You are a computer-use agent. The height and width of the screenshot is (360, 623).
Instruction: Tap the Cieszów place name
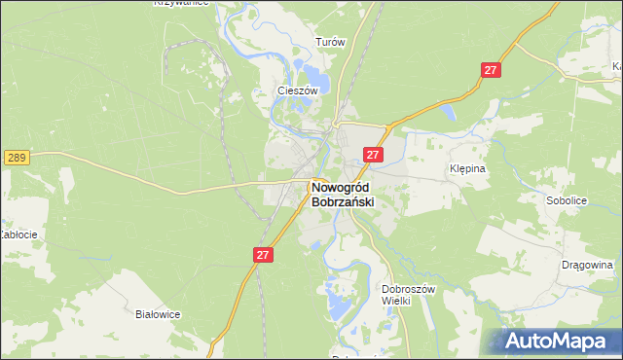[x=299, y=90]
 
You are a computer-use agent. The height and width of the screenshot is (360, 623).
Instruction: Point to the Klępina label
[x=466, y=168]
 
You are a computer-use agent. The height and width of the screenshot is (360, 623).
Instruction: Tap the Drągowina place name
[x=587, y=264]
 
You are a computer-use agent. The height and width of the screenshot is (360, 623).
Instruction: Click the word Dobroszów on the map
[x=410, y=288]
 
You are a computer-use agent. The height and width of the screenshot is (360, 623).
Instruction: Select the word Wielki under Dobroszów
[x=410, y=301]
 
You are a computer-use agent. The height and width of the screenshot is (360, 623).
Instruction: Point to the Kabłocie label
[x=18, y=234]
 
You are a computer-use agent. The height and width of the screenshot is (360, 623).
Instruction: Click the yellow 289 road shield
[x=16, y=157]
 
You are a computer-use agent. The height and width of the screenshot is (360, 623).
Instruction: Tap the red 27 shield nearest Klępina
[x=374, y=155]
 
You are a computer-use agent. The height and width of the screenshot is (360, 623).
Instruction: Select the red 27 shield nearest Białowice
[x=263, y=254]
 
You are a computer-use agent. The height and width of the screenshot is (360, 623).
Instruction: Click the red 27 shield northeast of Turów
[x=491, y=70]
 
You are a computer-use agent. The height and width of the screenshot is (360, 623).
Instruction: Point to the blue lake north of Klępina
[x=450, y=115]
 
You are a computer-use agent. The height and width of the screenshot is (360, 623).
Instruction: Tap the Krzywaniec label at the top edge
[x=183, y=4]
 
